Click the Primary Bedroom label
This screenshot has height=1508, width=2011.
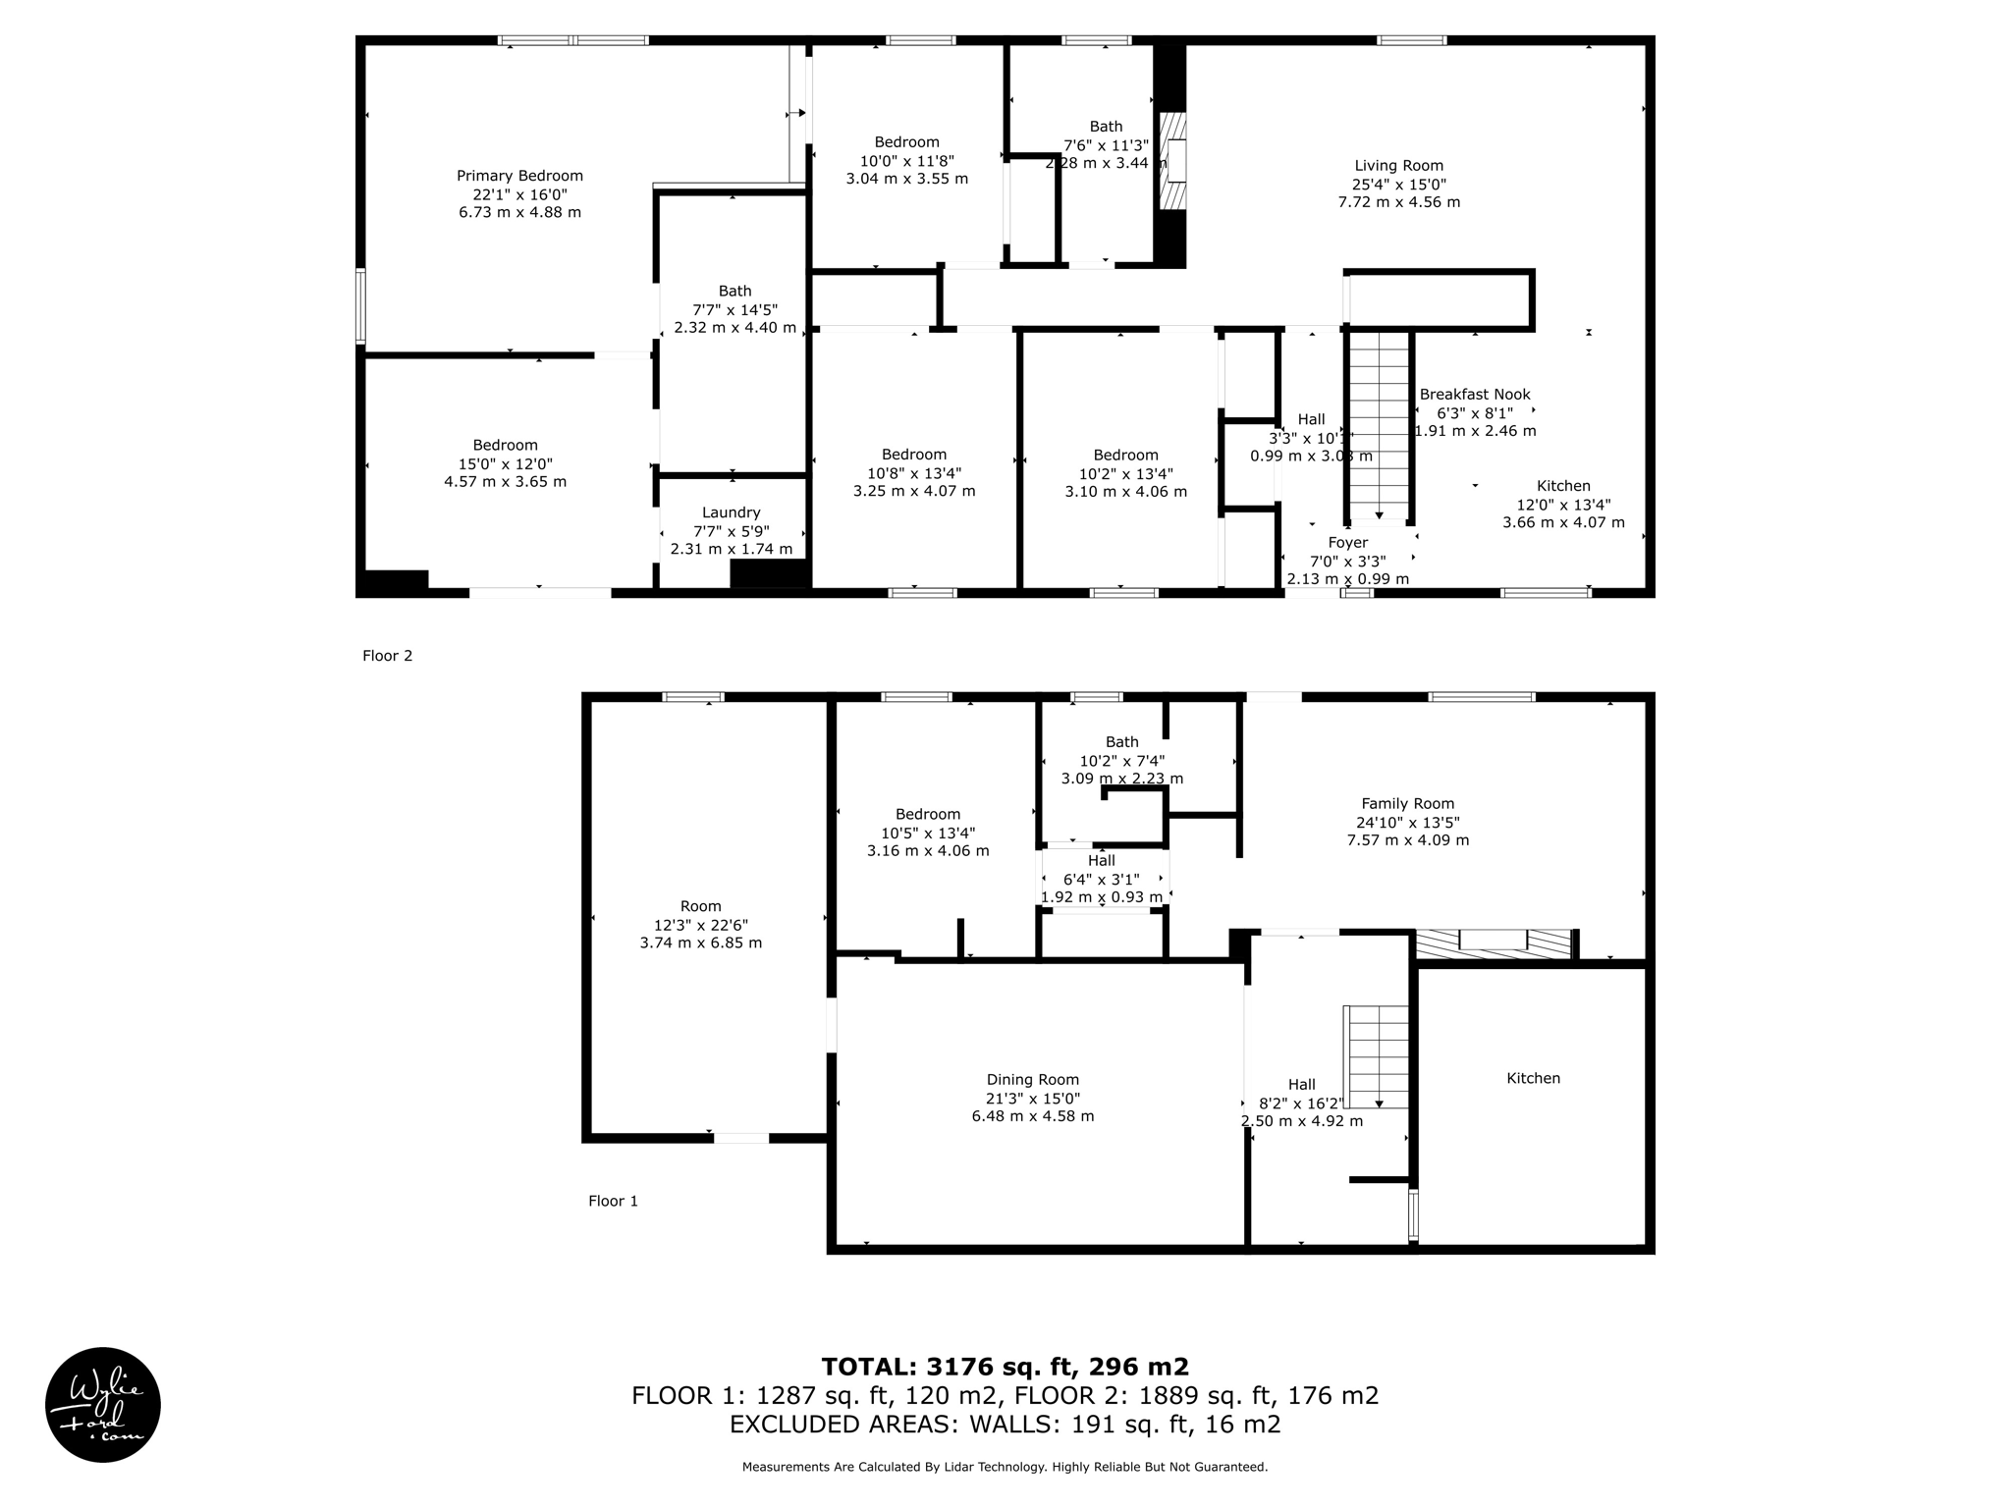tap(519, 176)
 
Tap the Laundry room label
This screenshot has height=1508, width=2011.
tap(731, 512)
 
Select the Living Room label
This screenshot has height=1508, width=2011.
tap(1398, 166)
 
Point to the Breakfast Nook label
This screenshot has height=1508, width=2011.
tap(1475, 395)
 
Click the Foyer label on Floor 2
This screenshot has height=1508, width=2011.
tap(1347, 543)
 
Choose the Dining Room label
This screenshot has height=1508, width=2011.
tap(1032, 1080)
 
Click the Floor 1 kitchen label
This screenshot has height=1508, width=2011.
tap(1533, 1078)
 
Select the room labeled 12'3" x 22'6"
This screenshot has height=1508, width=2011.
tap(700, 925)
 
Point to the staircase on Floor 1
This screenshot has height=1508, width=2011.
tap(1376, 1056)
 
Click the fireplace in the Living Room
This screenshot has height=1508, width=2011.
tap(1173, 161)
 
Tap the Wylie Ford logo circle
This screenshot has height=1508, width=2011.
tap(103, 1404)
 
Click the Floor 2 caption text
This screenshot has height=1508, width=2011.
tap(387, 656)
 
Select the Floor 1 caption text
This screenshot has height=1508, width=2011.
tap(613, 1201)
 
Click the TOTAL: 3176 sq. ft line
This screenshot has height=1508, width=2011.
tap(1005, 1367)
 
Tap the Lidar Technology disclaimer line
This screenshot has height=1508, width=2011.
tap(1005, 1467)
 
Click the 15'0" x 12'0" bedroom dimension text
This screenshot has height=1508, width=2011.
tap(505, 463)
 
